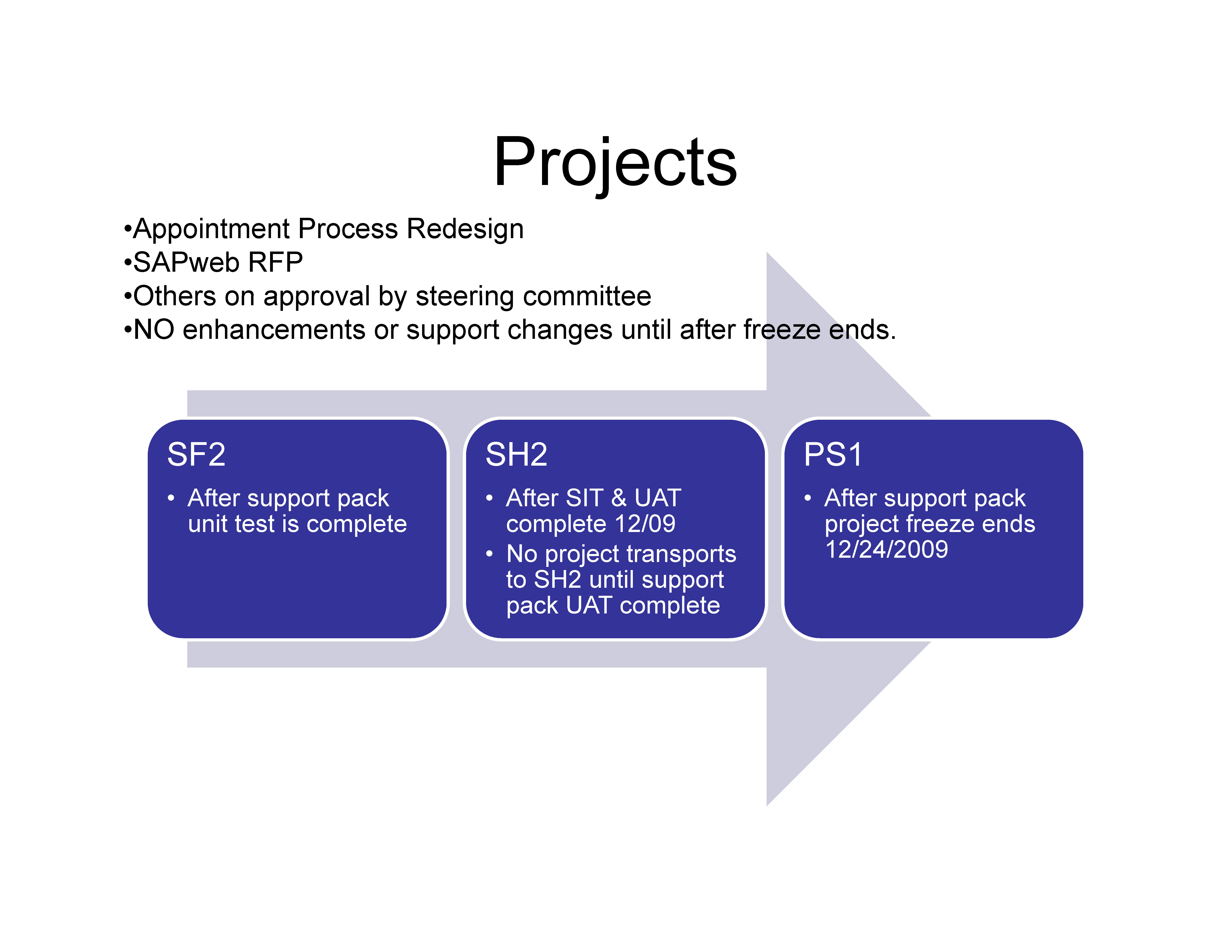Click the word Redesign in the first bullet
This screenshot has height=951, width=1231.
(465, 229)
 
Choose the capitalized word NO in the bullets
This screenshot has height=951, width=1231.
(153, 329)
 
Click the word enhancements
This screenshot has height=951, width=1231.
(273, 329)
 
